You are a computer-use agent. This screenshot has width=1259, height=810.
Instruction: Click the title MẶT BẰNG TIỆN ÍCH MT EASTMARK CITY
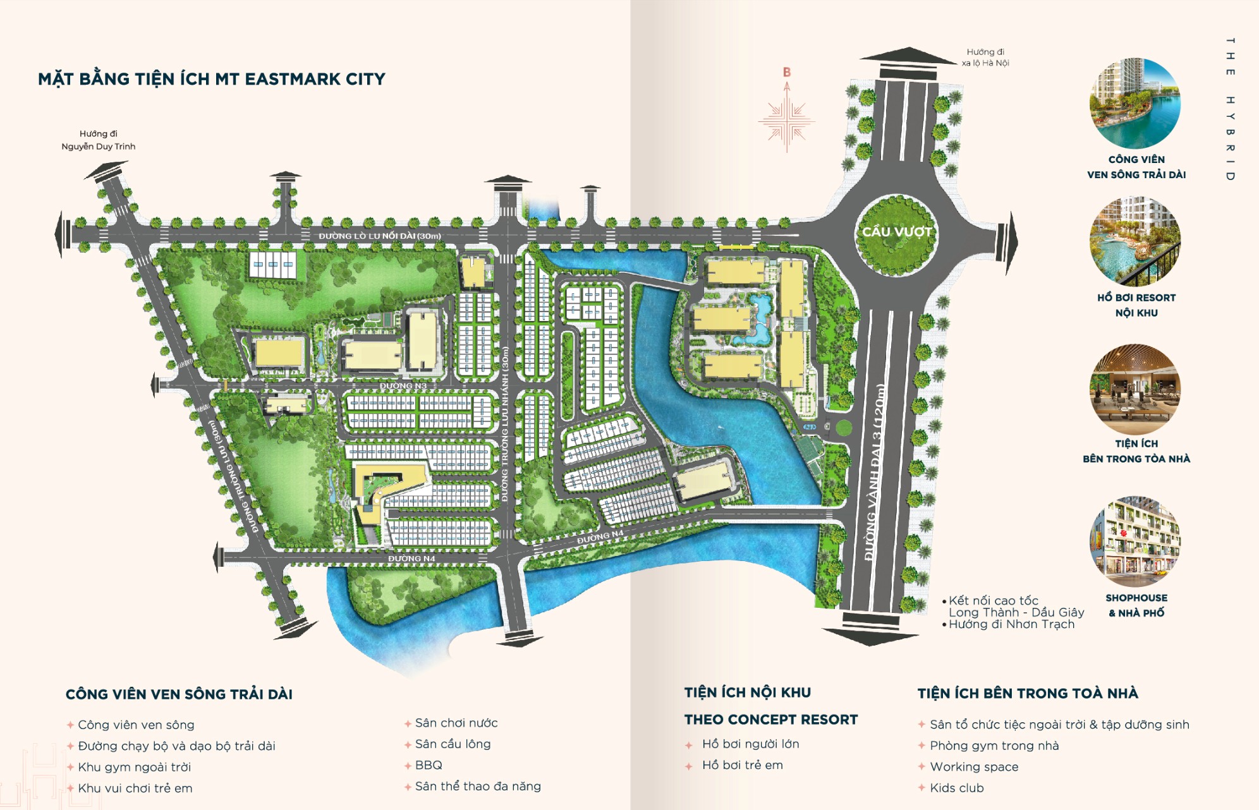[211, 79]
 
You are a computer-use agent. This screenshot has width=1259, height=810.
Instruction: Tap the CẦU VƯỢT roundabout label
[897, 232]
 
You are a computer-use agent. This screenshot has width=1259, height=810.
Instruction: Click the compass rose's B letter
[787, 73]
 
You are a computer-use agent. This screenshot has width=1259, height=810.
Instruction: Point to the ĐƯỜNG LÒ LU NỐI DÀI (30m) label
[380, 236]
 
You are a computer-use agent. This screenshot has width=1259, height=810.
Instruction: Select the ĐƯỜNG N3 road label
[403, 385]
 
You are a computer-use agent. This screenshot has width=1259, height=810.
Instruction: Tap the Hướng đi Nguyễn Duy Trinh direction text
[99, 140]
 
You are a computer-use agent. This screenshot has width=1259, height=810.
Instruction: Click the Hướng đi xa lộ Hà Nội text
[985, 57]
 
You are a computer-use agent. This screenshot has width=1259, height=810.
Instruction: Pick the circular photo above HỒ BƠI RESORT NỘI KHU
[1135, 241]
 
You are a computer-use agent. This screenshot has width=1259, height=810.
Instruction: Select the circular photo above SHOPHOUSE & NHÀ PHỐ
[1135, 541]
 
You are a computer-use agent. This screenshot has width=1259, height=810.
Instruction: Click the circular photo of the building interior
[1135, 389]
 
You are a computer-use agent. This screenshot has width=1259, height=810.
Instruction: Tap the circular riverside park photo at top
[1135, 104]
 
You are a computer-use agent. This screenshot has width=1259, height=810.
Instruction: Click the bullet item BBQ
[429, 765]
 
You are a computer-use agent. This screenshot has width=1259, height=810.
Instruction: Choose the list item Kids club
[956, 788]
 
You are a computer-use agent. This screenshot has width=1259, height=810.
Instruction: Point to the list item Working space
[974, 767]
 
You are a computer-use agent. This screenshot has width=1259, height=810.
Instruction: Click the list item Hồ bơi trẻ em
[742, 765]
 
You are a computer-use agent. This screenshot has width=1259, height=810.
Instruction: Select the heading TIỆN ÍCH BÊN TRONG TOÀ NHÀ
[1028, 694]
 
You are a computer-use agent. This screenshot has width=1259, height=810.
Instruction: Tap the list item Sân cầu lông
[453, 744]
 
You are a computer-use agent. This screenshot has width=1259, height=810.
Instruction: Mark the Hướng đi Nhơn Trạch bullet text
[1011, 624]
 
